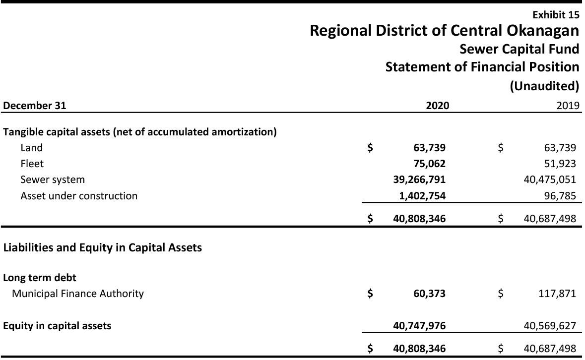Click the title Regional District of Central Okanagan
click(444, 31)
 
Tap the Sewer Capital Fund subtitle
click(519, 49)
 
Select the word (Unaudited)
click(544, 86)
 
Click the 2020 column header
click(437, 105)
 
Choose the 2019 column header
click(568, 105)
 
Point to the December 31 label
click(35, 105)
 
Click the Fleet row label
click(32, 164)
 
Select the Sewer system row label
click(53, 180)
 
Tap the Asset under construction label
click(79, 195)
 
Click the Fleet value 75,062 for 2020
click(429, 164)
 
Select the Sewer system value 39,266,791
click(419, 180)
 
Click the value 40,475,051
click(550, 180)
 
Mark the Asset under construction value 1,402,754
click(422, 196)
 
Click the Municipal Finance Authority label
click(78, 294)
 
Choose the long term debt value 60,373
click(429, 294)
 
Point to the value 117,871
click(557, 294)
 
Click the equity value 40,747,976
click(419, 326)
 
